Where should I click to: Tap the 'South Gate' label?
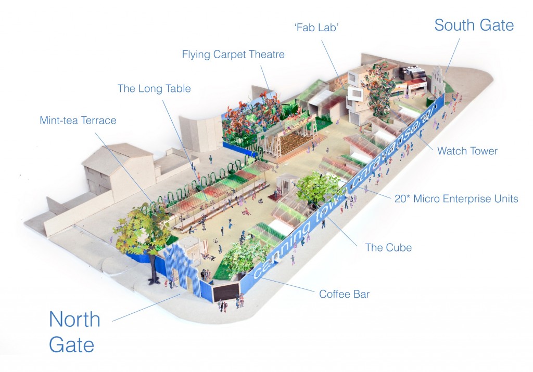[474, 25]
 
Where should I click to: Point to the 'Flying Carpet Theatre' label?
[233, 54]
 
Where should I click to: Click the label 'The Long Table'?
[154, 88]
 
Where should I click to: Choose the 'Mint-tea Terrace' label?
[78, 121]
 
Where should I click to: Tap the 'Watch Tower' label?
[467, 151]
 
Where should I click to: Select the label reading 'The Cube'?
[388, 247]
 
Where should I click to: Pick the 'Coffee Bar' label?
[344, 294]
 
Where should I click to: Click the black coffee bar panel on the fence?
[224, 292]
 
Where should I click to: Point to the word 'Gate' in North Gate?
[72, 344]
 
